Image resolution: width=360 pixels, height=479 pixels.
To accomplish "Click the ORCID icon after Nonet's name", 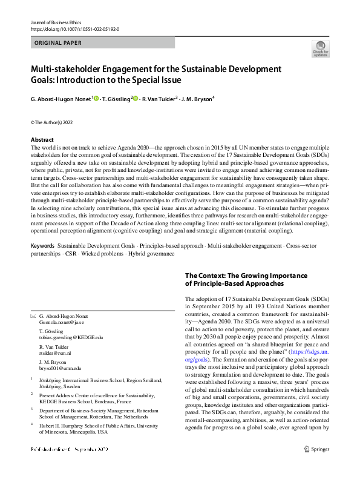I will coord(95,99).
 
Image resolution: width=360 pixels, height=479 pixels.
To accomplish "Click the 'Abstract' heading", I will coord(42,140).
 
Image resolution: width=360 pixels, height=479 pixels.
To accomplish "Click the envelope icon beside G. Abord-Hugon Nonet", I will coord(33,317).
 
